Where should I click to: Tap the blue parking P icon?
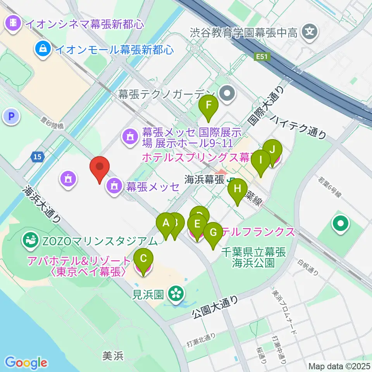point(11,116)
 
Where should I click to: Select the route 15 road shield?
point(37,157)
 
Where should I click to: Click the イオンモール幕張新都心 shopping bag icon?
point(43,49)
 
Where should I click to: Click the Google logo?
point(26,363)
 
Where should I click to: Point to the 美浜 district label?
point(113,355)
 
